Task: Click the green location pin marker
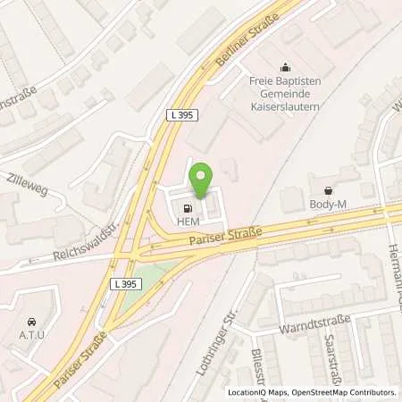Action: pyautogui.click(x=202, y=181)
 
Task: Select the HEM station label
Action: pyautogui.click(x=187, y=222)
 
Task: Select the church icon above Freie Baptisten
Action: pyautogui.click(x=286, y=66)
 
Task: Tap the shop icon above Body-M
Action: pyautogui.click(x=329, y=190)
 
